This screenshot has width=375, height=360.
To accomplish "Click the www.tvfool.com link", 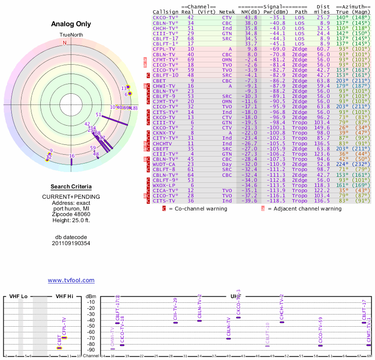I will pyautogui.click(x=71, y=280).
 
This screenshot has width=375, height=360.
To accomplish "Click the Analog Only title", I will pyautogui.click(x=71, y=24).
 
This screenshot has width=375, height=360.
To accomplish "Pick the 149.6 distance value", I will pyautogui.click(x=322, y=127).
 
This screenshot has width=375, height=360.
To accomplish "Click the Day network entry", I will pyautogui.click(x=226, y=164).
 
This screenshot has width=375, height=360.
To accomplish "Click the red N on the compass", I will pyautogui.click(x=65, y=43).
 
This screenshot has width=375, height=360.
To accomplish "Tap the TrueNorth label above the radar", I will pyautogui.click(x=71, y=35).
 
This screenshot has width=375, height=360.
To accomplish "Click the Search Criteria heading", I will pyautogui.click(x=71, y=187).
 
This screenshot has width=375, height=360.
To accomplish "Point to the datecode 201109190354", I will pyautogui.click(x=71, y=243).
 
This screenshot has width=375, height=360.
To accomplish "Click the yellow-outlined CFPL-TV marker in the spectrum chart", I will pyautogui.click(x=64, y=337).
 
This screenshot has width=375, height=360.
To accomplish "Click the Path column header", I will pyautogui.click(x=301, y=12).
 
